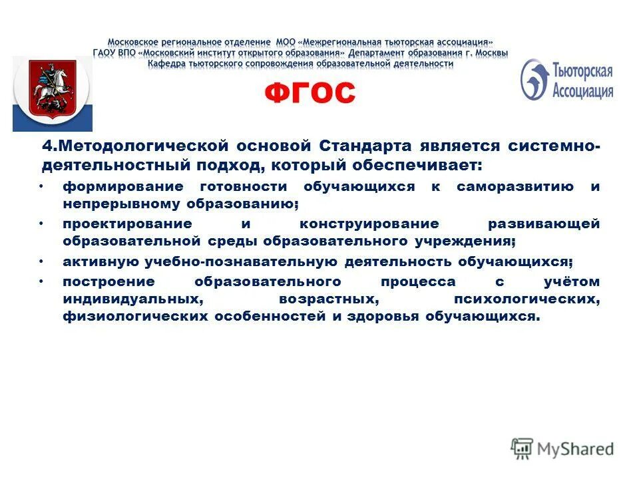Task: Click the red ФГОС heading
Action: coord(310,94)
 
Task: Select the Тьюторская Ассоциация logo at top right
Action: coord(566,80)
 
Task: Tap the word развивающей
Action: coord(544,224)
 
